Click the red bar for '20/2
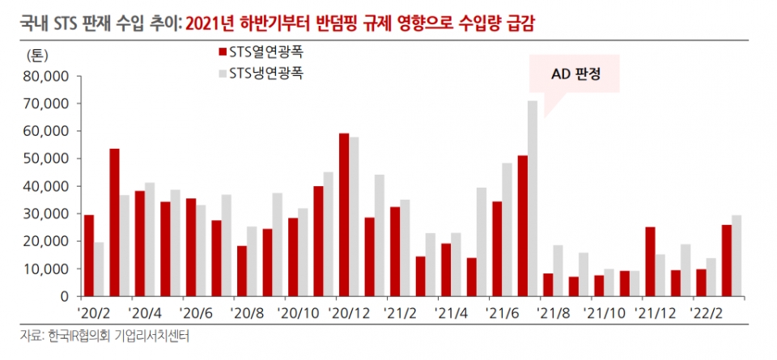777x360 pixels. click(x=89, y=256)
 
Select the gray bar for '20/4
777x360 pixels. click(x=150, y=239)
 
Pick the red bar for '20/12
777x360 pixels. click(x=344, y=214)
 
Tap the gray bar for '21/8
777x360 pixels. click(x=557, y=270)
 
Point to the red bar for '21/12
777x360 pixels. click(x=650, y=261)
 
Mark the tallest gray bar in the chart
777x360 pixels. click(x=532, y=198)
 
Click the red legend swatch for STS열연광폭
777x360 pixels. click(x=221, y=53)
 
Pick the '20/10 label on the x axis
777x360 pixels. click(x=299, y=311)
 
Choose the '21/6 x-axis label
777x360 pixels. click(x=505, y=311)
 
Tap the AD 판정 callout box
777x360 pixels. click(x=574, y=76)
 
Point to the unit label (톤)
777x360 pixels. click(x=40, y=55)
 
